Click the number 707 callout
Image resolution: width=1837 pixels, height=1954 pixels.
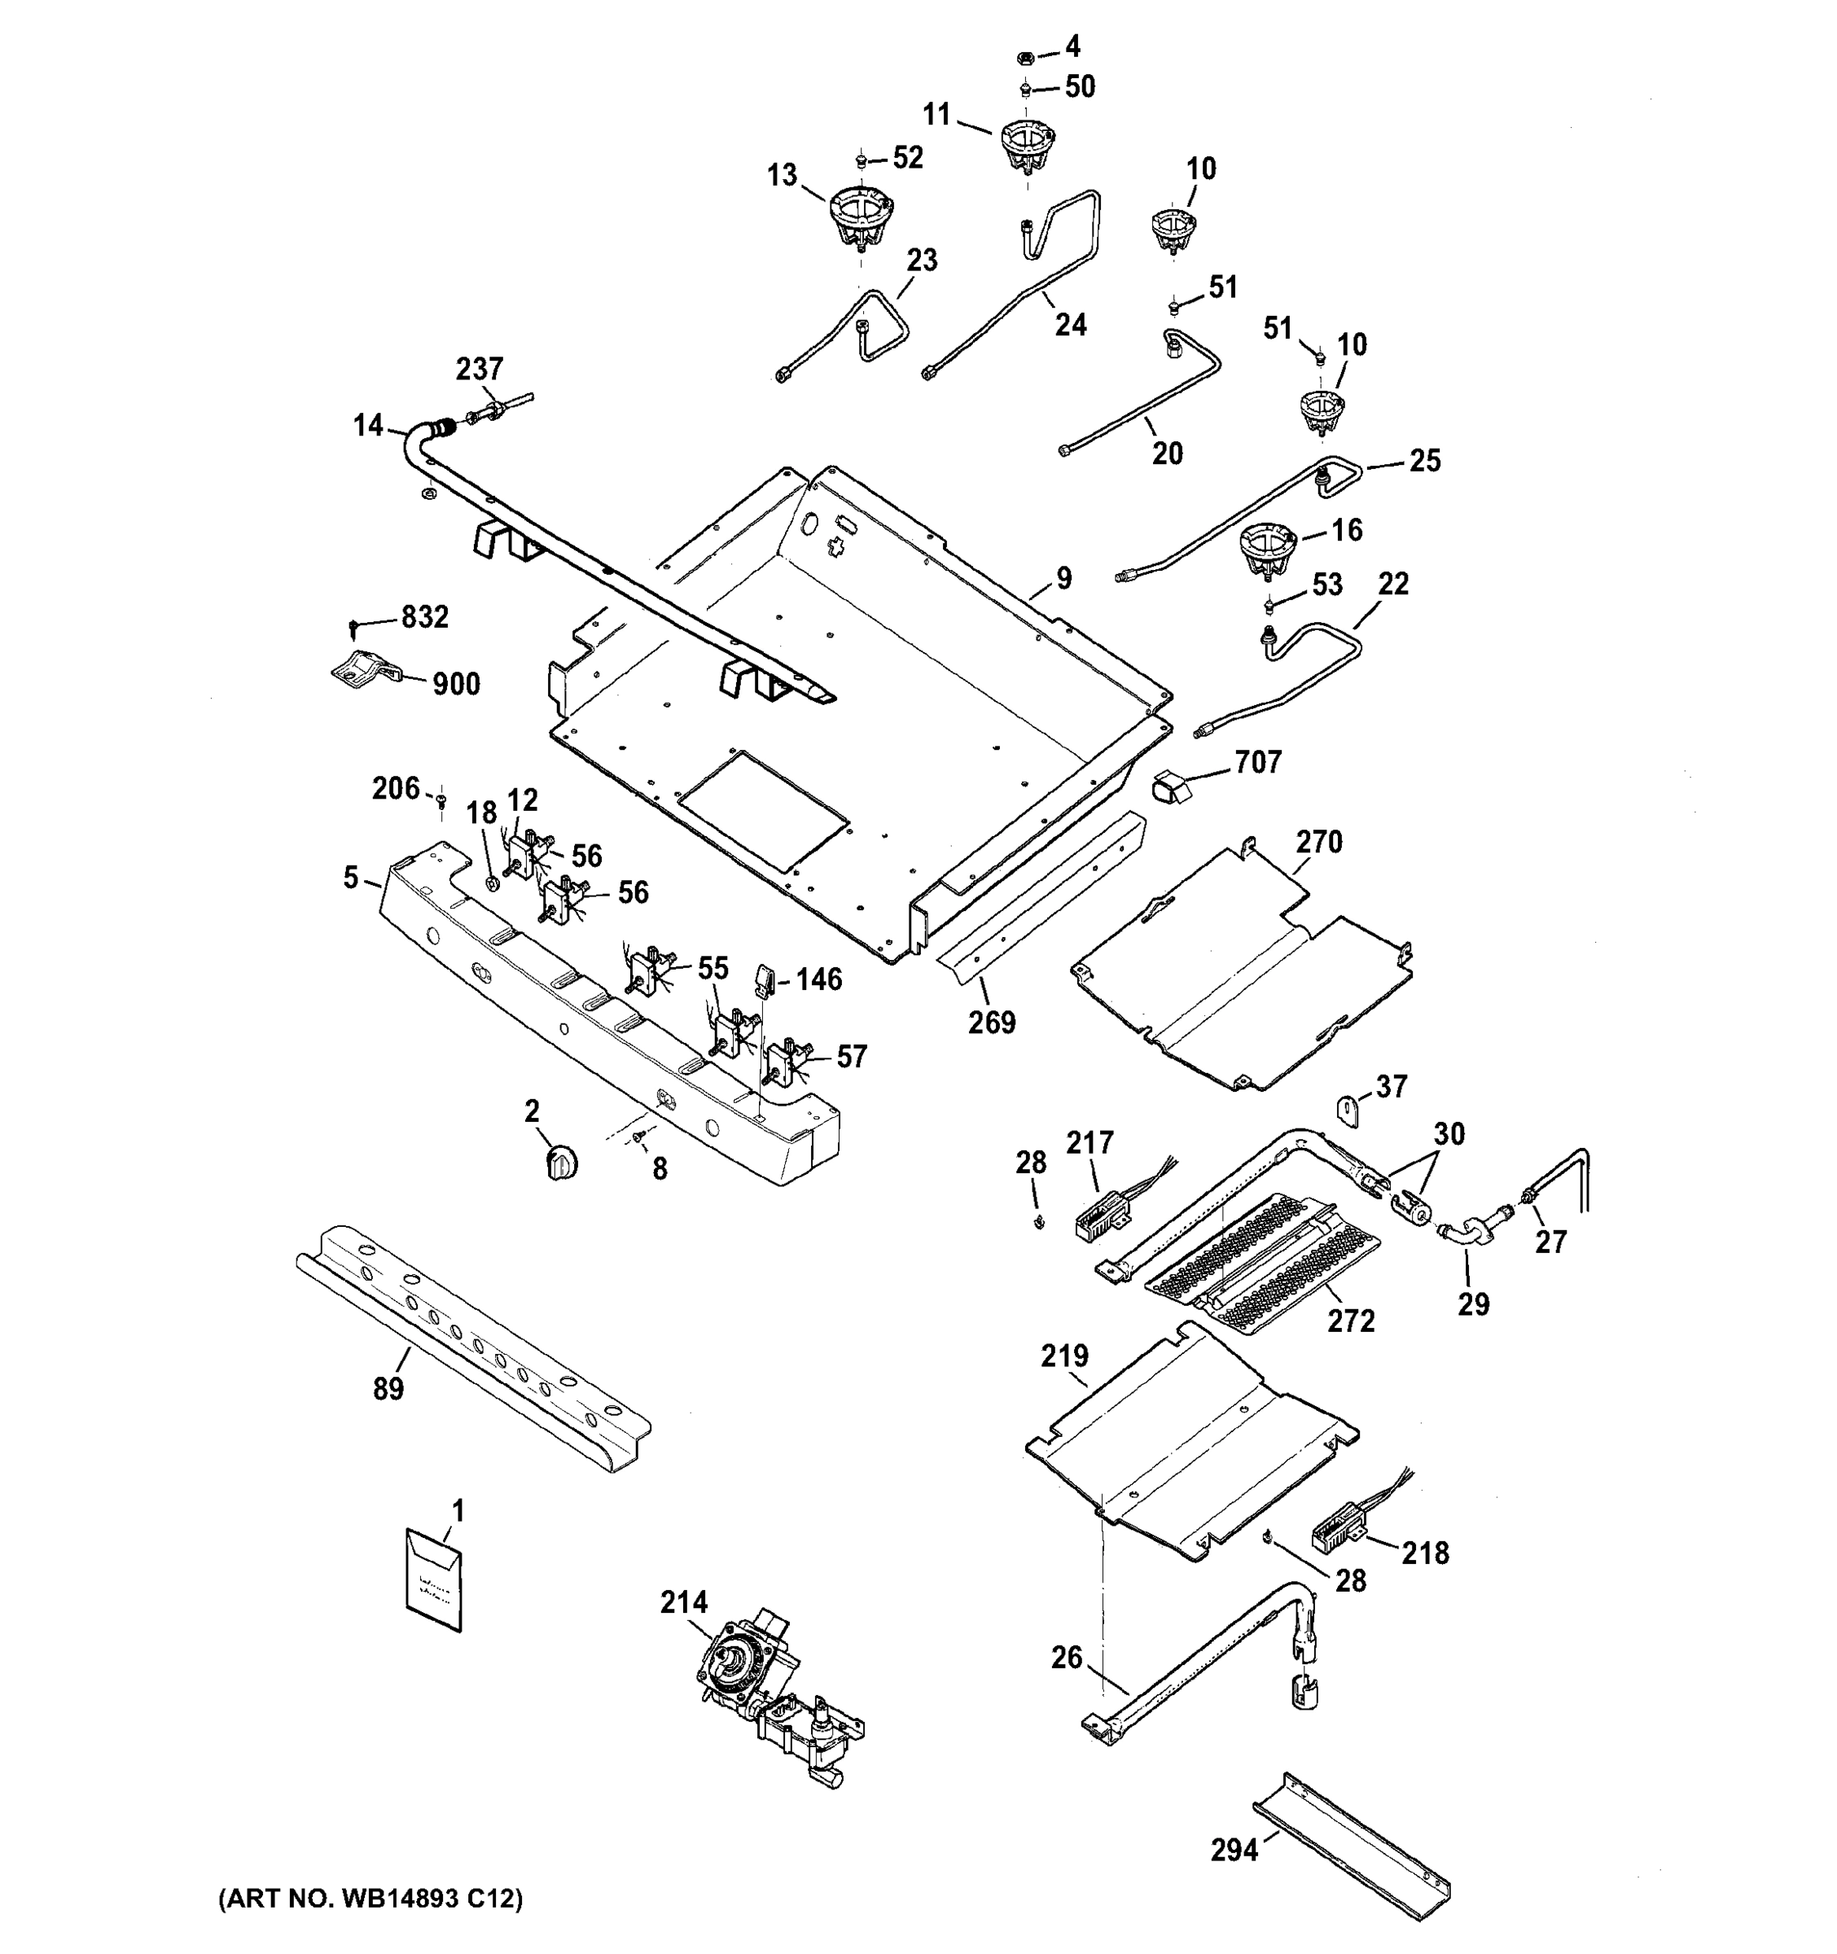coord(1258,763)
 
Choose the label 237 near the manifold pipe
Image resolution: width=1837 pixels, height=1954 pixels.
coord(479,370)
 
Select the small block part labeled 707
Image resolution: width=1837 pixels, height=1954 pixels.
coord(1169,788)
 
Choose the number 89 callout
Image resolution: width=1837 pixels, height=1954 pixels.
coord(388,1390)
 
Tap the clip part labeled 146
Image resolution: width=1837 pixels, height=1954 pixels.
coord(765,979)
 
